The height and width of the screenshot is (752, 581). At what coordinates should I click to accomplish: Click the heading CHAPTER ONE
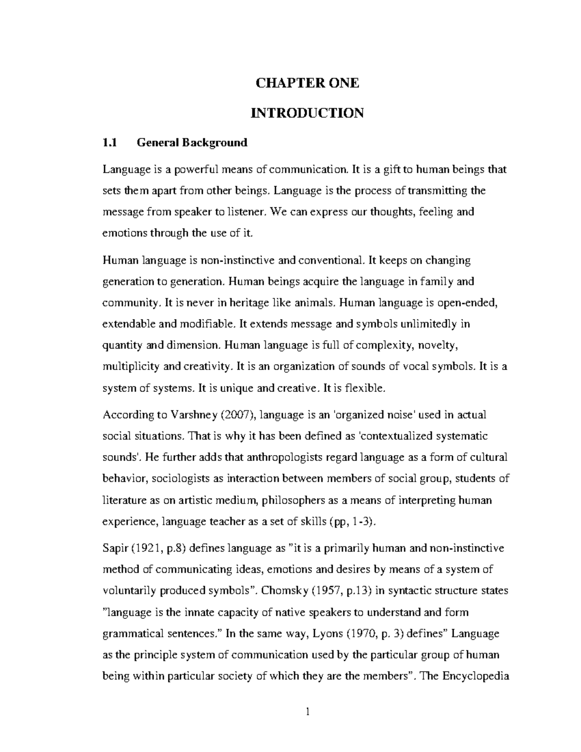tap(307, 83)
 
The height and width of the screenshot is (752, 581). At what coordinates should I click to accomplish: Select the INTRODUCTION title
tap(307, 113)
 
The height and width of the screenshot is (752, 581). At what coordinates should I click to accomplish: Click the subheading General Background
tap(192, 142)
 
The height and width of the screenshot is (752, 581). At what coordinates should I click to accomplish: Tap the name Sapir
tap(115, 548)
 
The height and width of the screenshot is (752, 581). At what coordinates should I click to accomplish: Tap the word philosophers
tap(291, 500)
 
